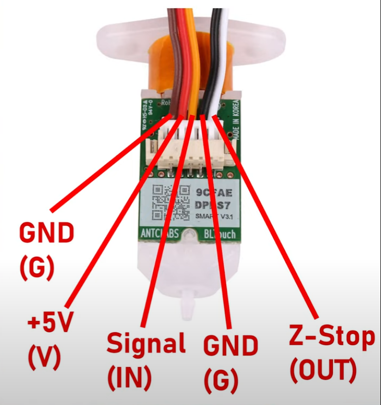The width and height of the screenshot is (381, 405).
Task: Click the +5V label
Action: click(x=51, y=323)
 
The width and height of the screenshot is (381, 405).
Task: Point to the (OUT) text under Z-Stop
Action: click(x=323, y=372)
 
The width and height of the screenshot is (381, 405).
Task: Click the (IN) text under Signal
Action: click(x=130, y=377)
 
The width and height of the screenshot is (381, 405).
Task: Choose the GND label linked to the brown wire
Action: click(x=47, y=233)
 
